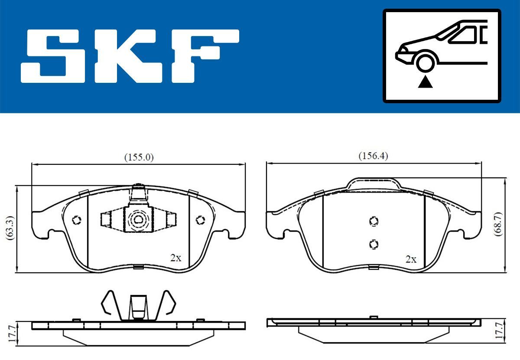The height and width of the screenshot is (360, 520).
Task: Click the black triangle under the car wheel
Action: pos(425,82)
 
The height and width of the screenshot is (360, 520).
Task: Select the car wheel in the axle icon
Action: pos(425,62)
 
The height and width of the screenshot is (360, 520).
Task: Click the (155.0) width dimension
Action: pos(139,157)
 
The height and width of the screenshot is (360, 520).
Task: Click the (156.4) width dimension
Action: pos(373,156)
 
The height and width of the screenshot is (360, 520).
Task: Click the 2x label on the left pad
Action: pos(175,258)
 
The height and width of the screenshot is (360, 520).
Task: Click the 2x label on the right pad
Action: pos(410,259)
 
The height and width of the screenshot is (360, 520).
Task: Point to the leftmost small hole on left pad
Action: pos(76,220)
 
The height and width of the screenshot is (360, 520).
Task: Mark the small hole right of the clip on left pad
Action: pos(200,220)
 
